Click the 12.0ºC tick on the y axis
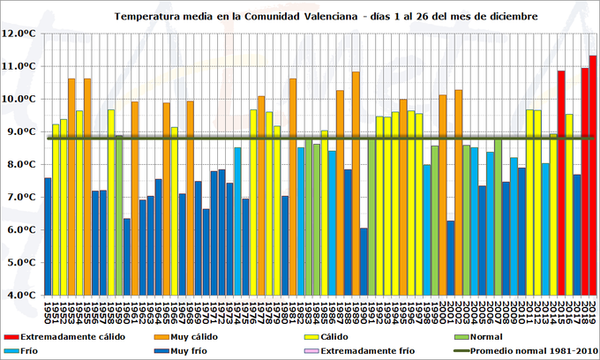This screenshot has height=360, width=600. (21, 34)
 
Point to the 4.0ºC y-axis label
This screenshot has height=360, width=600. (23, 295)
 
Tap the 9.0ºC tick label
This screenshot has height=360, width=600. (23, 131)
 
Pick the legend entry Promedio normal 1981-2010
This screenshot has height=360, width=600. (529, 350)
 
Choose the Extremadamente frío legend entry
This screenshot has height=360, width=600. (365, 350)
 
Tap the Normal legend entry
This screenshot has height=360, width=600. (487, 336)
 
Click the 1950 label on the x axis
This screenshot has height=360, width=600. (48, 311)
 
